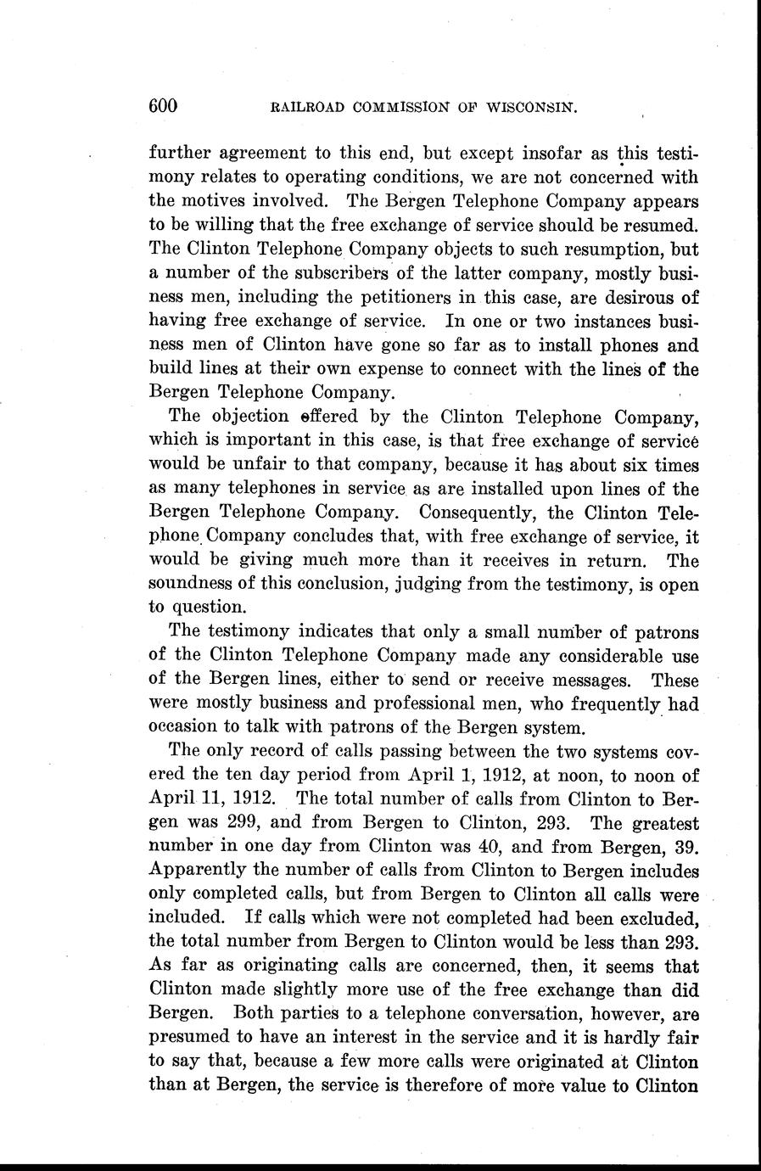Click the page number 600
point(163,106)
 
